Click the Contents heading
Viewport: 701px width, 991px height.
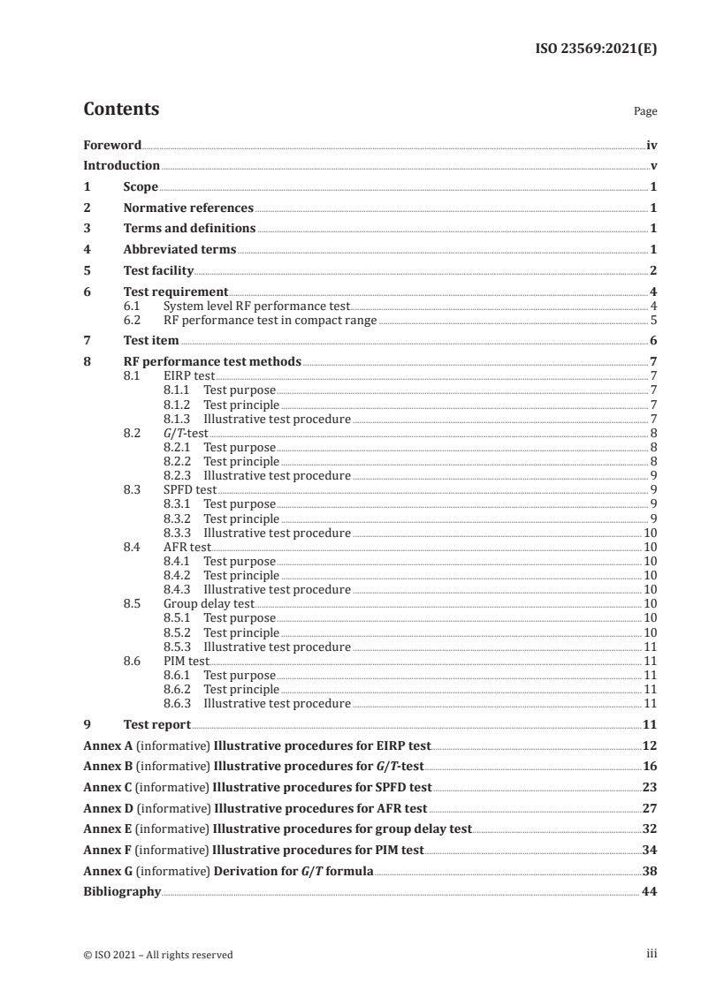click(121, 110)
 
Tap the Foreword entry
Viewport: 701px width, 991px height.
click(112, 145)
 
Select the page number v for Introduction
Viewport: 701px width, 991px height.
click(652, 165)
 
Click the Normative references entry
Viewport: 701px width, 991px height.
click(188, 208)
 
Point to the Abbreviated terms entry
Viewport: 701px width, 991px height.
click(179, 249)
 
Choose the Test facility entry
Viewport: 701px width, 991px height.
click(158, 270)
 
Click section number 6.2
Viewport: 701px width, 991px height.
click(133, 320)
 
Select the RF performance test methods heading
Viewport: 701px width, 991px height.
click(212, 361)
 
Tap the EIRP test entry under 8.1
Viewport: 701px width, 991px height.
click(189, 375)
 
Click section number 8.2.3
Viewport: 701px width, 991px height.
click(179, 474)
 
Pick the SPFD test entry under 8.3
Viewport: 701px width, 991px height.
click(189, 489)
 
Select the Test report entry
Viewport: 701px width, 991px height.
click(156, 724)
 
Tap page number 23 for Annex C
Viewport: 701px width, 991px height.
click(649, 786)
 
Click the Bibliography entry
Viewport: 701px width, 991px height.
click(122, 892)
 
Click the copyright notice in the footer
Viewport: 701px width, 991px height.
click(158, 954)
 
